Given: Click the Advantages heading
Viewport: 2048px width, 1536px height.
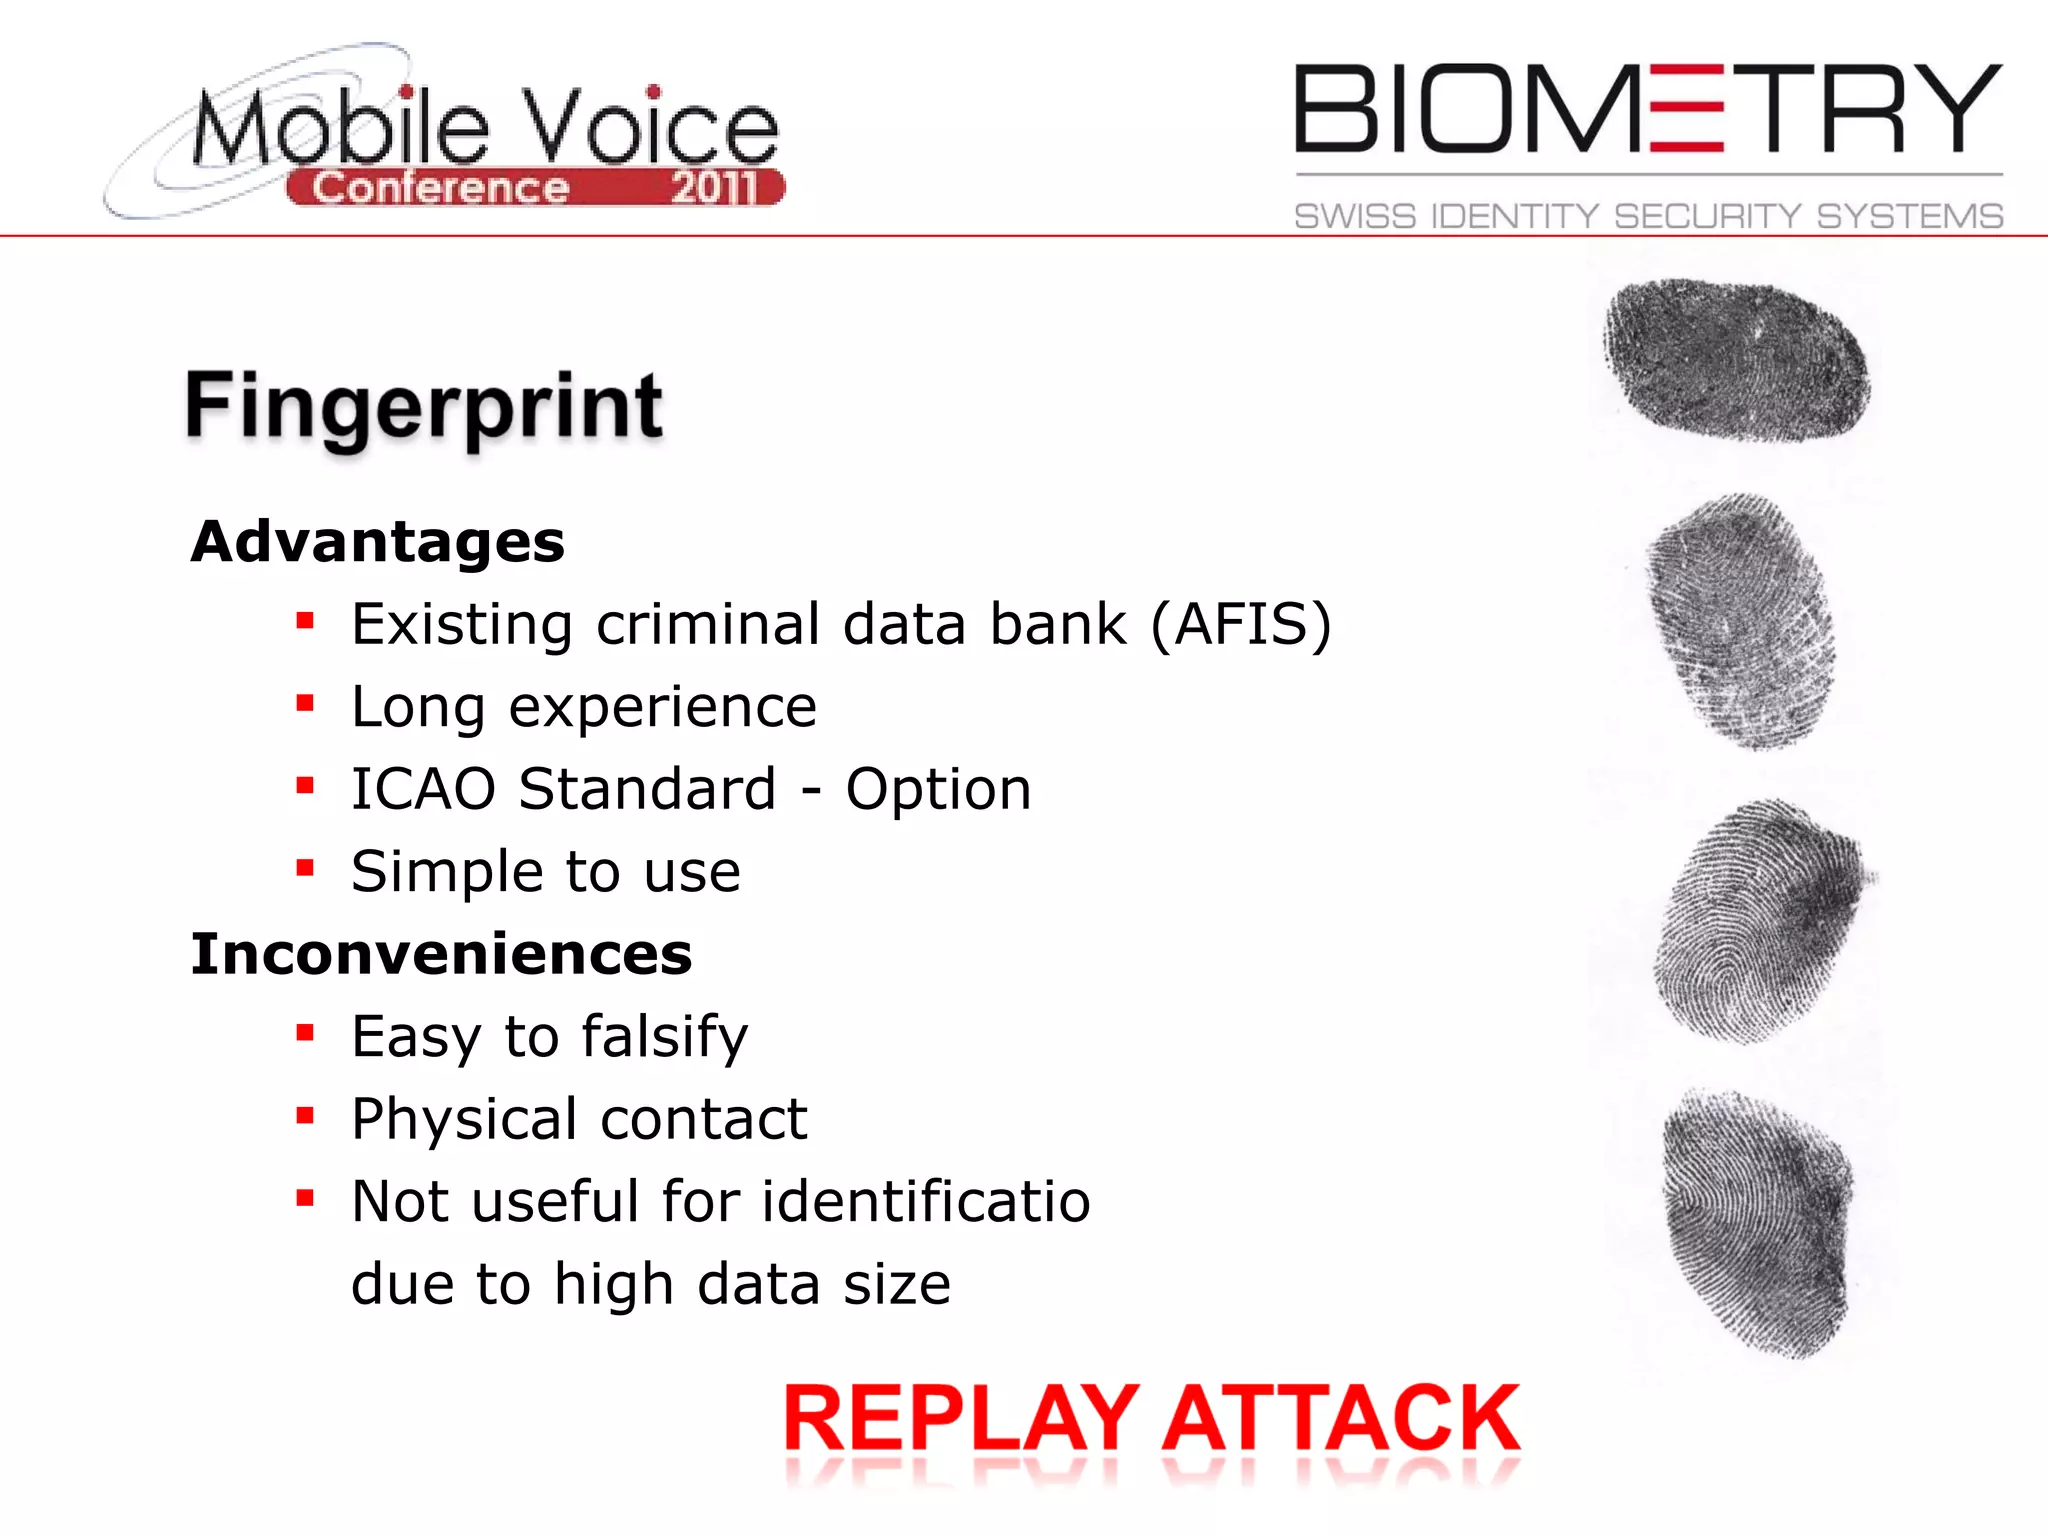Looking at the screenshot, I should [378, 542].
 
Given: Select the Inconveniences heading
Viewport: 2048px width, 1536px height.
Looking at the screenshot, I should [441, 954].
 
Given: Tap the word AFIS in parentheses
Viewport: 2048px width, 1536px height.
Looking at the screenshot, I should [1240, 625].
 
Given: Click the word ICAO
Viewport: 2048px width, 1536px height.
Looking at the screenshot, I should [423, 789].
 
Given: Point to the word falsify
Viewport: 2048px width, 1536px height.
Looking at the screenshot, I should [664, 1037].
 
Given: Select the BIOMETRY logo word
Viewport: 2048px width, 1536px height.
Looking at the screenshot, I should [1647, 110].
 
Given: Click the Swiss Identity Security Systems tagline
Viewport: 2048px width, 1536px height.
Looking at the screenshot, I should [1648, 216].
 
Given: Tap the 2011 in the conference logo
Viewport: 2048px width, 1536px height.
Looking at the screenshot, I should [714, 188].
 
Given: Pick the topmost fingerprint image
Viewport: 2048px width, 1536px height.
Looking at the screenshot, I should [1737, 360].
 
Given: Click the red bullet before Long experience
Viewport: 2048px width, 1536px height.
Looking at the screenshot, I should [306, 704].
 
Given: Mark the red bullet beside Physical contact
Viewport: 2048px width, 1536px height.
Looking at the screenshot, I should [306, 1116].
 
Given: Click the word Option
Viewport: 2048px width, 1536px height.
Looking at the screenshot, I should [938, 789].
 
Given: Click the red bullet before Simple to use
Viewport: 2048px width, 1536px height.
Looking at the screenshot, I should [306, 868].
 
